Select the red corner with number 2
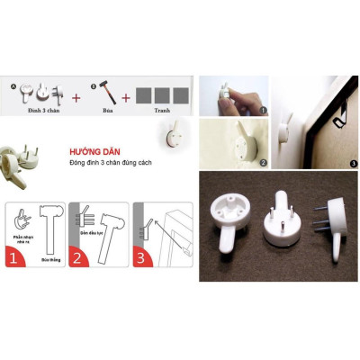tap(78, 260)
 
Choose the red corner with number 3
tap(142, 260)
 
